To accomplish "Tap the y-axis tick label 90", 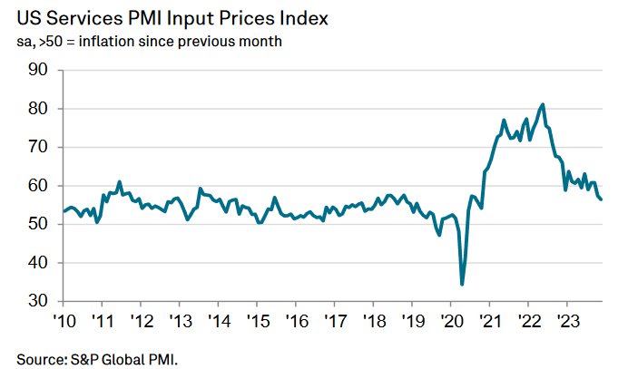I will point(39,70).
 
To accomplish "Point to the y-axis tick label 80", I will point(39,109).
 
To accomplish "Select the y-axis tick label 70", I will point(39,147).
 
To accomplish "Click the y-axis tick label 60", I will point(39,186).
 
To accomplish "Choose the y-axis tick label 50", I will point(39,224).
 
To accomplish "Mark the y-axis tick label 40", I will point(39,263).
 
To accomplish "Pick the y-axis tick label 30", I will point(39,301).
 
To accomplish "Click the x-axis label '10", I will point(64,321).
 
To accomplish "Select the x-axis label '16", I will point(296,321).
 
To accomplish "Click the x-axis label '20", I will point(451,321).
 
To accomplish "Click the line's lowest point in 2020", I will point(462,284).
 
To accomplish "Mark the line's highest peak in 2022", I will point(543,104).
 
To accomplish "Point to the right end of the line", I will point(601,199).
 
